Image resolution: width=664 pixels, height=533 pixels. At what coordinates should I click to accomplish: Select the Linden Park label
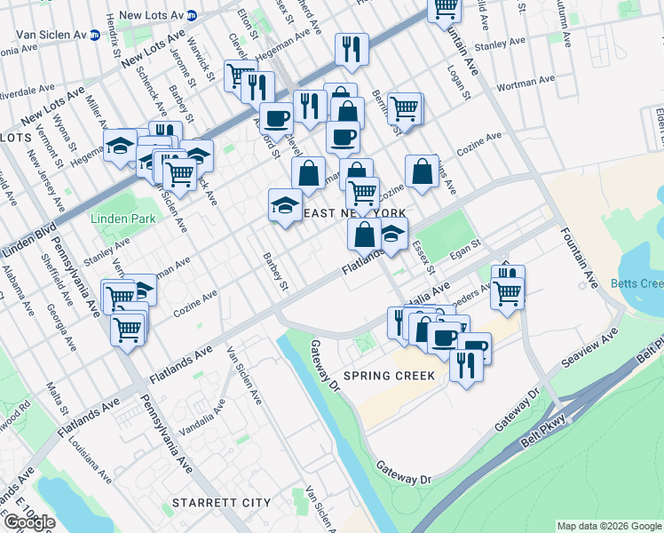[117, 218]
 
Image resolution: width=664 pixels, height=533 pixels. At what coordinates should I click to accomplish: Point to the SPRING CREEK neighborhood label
[390, 376]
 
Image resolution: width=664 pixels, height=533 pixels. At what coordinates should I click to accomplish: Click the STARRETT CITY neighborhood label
[221, 503]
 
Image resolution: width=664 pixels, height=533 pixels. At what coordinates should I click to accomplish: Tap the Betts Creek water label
[636, 284]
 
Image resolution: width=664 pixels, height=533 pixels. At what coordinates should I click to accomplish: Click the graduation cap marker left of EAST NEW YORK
[283, 205]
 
